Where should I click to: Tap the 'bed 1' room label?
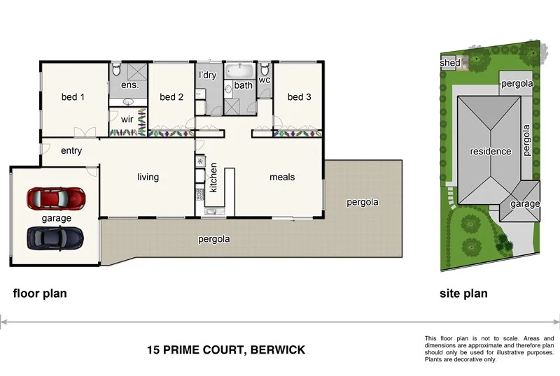(73, 97)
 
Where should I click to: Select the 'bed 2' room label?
(171, 97)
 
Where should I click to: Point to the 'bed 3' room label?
(299, 97)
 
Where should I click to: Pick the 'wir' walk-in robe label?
(127, 119)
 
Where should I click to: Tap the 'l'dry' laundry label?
(207, 75)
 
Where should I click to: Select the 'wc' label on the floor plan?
(265, 80)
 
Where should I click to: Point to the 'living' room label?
(148, 177)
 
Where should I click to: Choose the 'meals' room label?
(282, 177)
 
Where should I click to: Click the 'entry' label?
(71, 150)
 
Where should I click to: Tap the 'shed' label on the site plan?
(450, 63)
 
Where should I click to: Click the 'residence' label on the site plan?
(490, 151)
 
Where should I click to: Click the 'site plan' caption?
(463, 294)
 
